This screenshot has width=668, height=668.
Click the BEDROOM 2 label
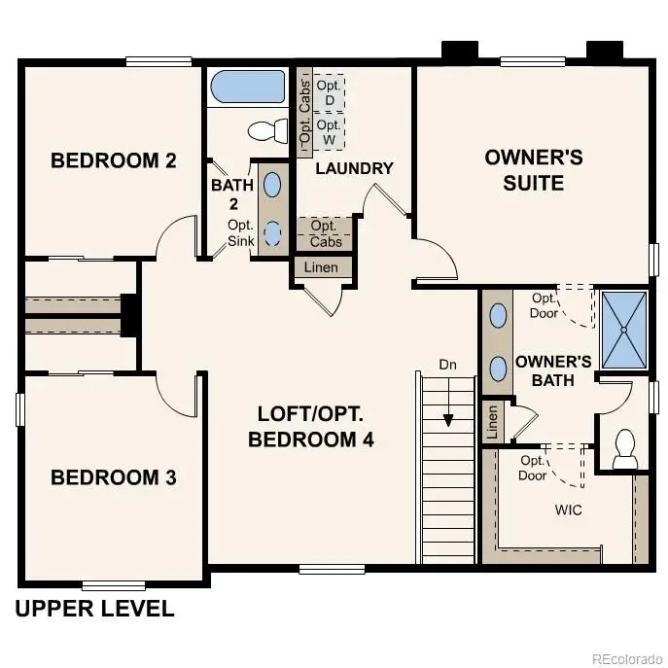click(113, 160)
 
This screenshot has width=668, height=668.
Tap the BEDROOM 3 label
click(113, 477)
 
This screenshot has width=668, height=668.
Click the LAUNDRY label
click(354, 168)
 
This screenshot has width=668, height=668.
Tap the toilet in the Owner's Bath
click(623, 447)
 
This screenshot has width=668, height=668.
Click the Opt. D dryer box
click(329, 92)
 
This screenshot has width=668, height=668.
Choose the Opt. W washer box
click(329, 132)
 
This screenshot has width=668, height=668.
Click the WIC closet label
click(569, 510)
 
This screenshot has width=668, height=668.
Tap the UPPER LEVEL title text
click(95, 610)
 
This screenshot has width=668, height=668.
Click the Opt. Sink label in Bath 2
click(240, 232)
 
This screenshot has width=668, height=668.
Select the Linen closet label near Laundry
click(322, 267)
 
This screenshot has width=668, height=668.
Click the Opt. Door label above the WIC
click(533, 468)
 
